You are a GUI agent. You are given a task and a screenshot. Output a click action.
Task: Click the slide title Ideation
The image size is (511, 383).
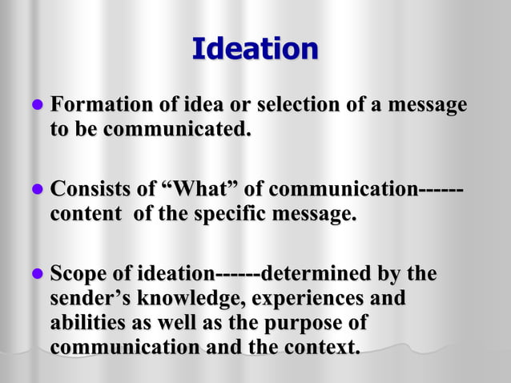click(255, 49)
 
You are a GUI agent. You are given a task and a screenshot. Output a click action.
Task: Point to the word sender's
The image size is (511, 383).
click(87, 299)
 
